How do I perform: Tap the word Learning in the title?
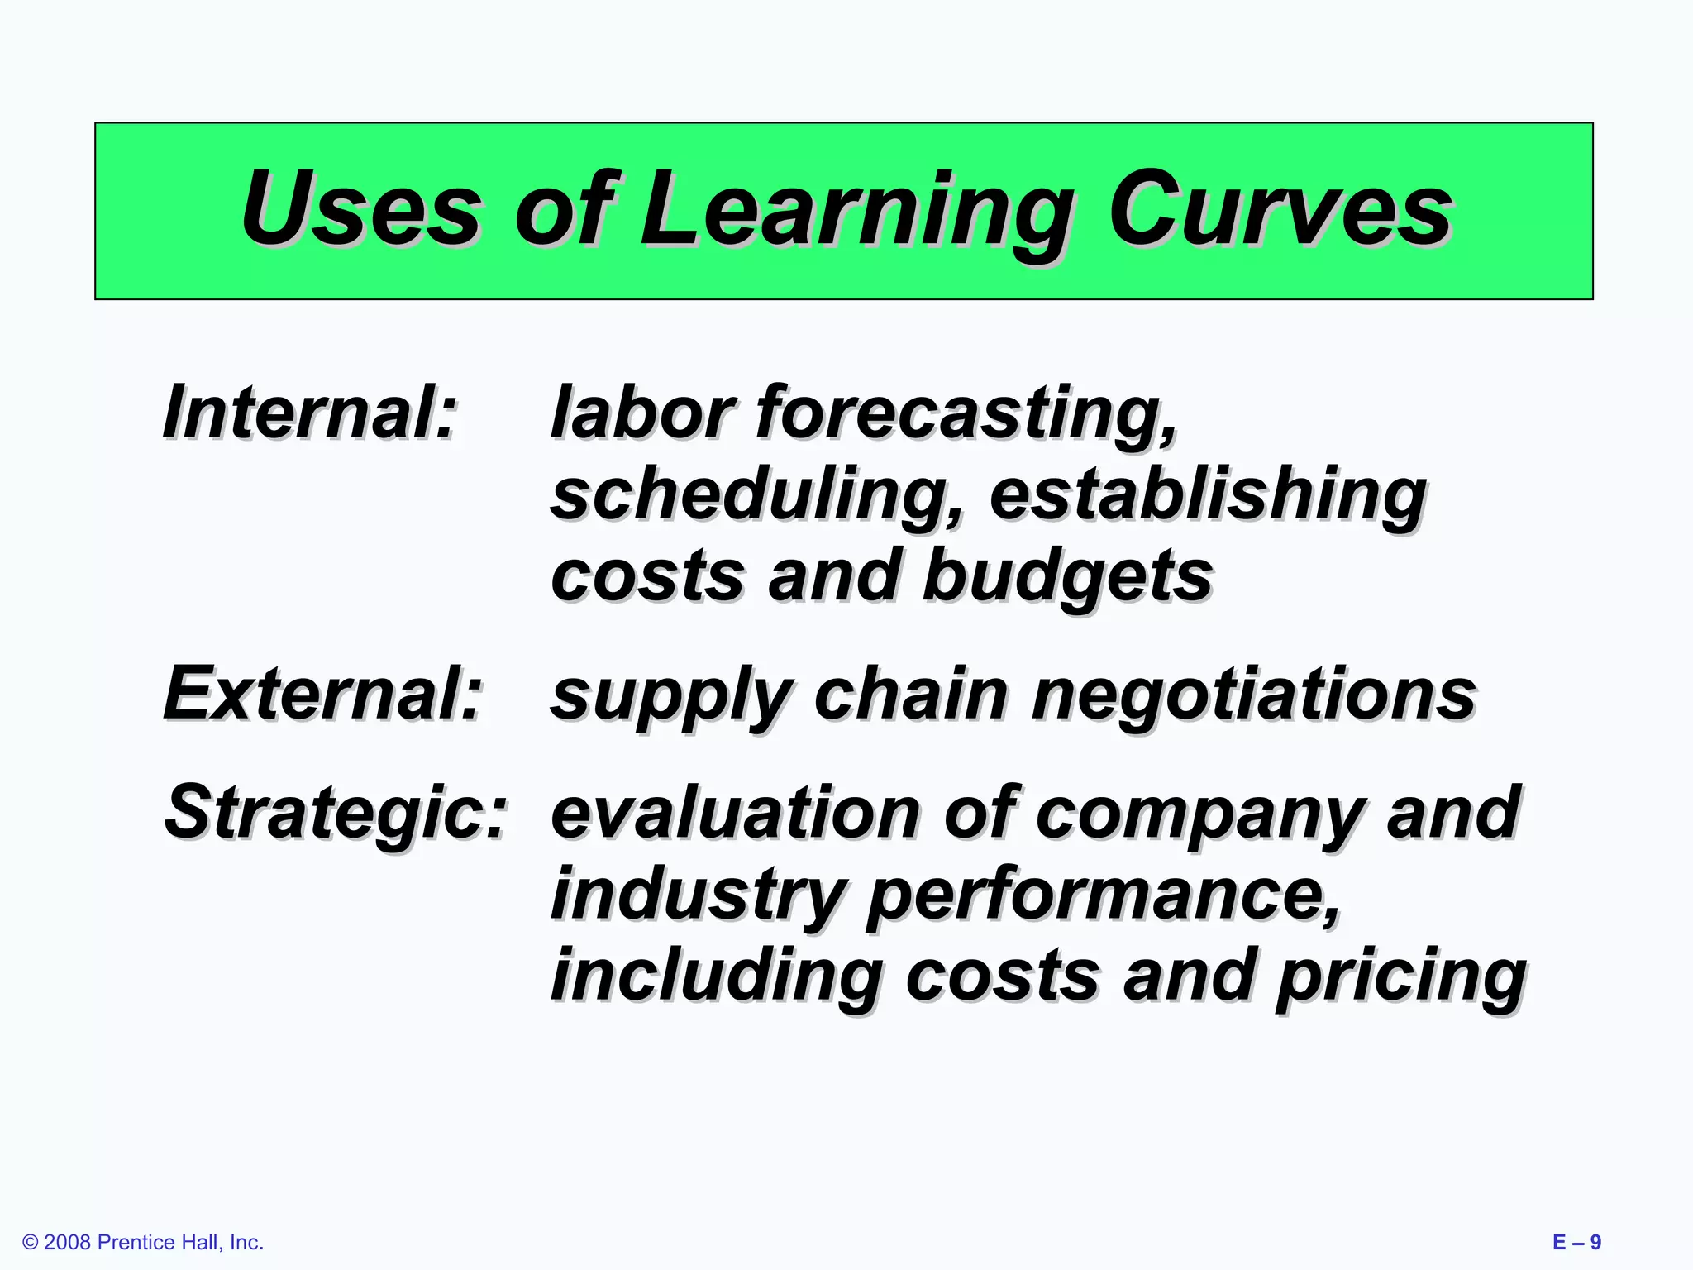[856, 211]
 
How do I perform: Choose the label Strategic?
[335, 814]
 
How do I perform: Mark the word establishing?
[1207, 496]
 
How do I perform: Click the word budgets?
[1066, 577]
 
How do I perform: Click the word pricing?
[1400, 977]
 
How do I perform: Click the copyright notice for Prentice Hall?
[144, 1242]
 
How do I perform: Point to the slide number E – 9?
[1576, 1242]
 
